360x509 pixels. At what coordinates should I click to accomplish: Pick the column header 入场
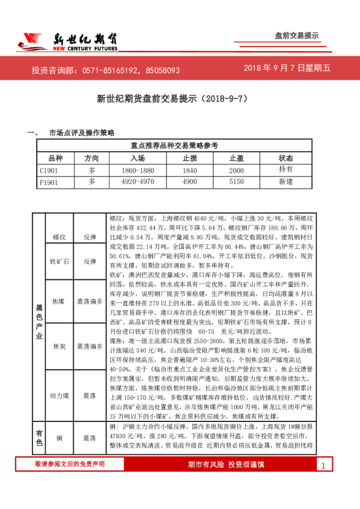[137, 157]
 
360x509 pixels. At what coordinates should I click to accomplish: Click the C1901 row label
[48, 169]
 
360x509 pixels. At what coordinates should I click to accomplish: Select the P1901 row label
[48, 181]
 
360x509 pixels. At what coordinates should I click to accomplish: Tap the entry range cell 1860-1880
[137, 169]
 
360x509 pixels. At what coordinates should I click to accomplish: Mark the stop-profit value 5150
[237, 181]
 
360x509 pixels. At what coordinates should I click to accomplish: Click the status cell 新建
[286, 181]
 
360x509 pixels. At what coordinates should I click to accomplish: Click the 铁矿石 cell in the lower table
[60, 262]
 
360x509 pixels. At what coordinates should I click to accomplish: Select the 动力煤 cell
[60, 395]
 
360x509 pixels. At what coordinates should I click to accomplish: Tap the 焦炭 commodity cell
[60, 346]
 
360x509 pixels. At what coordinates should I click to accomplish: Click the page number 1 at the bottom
[324, 482]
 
